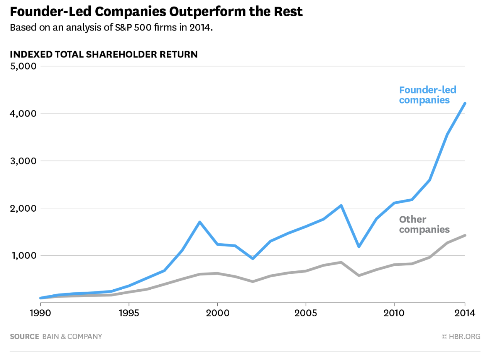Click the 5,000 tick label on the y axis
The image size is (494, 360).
click(23, 66)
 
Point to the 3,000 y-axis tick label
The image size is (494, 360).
click(23, 161)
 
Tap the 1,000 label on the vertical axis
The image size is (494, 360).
click(23, 255)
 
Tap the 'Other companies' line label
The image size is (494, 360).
click(424, 224)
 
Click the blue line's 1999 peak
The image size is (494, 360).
click(200, 222)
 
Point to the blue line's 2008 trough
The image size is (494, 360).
click(359, 246)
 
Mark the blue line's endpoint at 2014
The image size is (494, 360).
click(465, 104)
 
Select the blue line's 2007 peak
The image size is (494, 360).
click(341, 205)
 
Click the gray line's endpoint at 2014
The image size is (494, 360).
click(465, 235)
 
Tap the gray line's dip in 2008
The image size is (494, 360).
click(359, 275)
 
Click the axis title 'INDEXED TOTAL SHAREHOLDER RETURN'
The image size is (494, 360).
click(103, 54)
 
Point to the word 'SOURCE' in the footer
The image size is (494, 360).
click(24, 336)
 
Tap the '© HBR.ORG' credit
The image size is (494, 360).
click(461, 336)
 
